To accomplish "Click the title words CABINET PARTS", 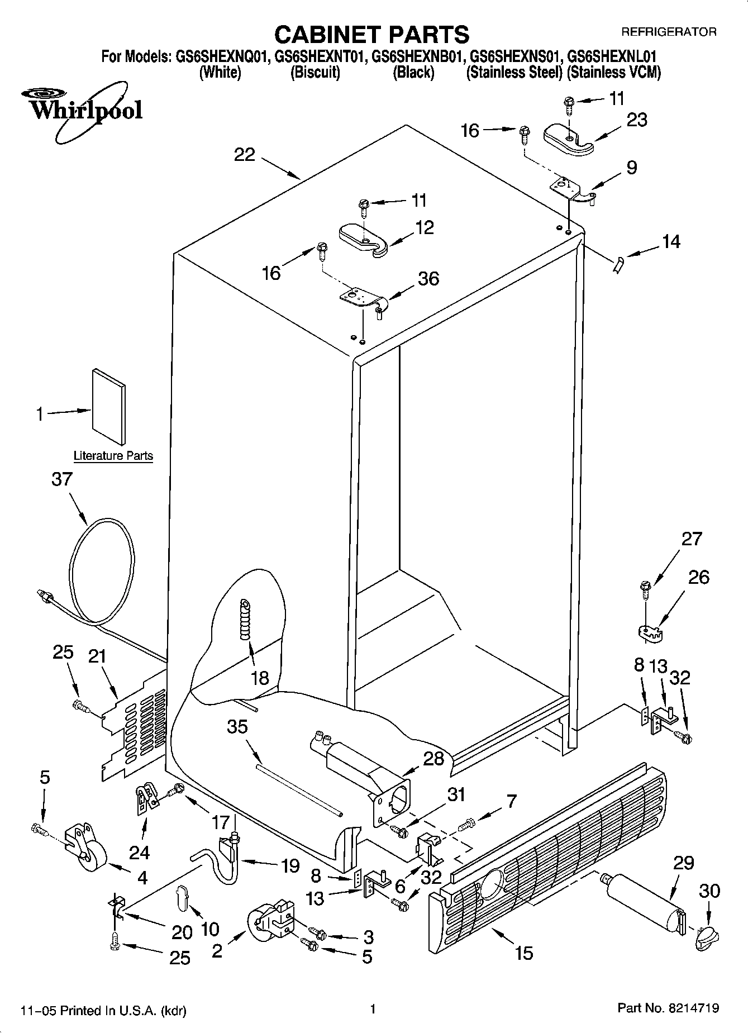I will coord(372,35).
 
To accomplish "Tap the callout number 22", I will coord(245,155).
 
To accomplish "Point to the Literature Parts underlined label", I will coord(113,456).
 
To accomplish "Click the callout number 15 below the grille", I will coord(524,952).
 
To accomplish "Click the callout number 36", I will coord(428,278).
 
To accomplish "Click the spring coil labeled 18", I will coord(245,620).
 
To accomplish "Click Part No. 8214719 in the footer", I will coord(668,1008).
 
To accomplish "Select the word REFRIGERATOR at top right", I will coord(669,32).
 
